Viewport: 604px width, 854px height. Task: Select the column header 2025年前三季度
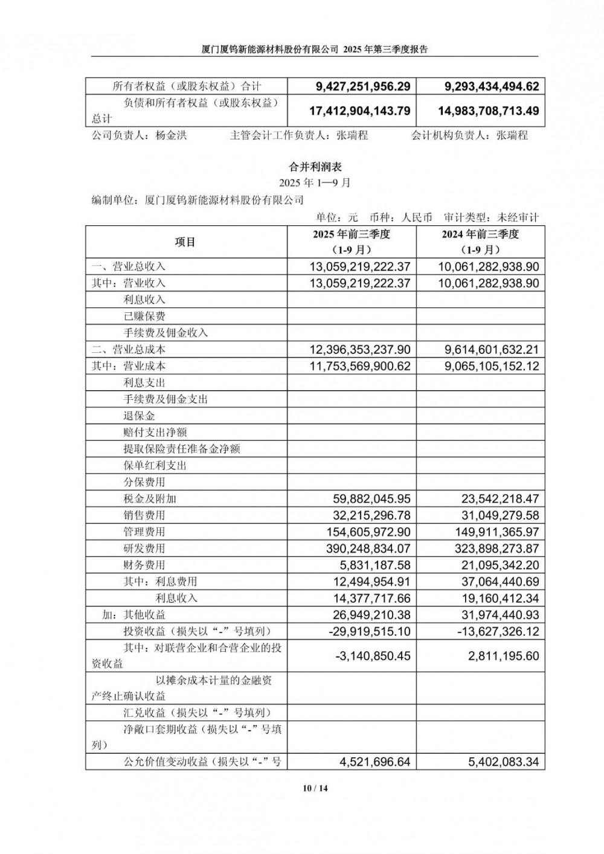[352, 234]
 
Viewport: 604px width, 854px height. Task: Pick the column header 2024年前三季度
[480, 234]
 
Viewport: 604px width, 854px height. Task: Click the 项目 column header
[185, 242]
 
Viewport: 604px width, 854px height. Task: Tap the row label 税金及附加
[149, 499]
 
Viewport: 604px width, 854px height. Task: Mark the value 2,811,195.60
[503, 656]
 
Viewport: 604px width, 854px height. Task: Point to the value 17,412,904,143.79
[359, 111]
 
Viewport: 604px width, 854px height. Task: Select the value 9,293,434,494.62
[491, 86]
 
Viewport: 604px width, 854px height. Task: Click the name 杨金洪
[171, 135]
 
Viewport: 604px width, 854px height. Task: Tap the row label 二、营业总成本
[128, 349]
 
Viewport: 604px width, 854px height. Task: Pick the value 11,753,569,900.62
[359, 366]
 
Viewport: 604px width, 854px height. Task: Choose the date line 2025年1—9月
[315, 182]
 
